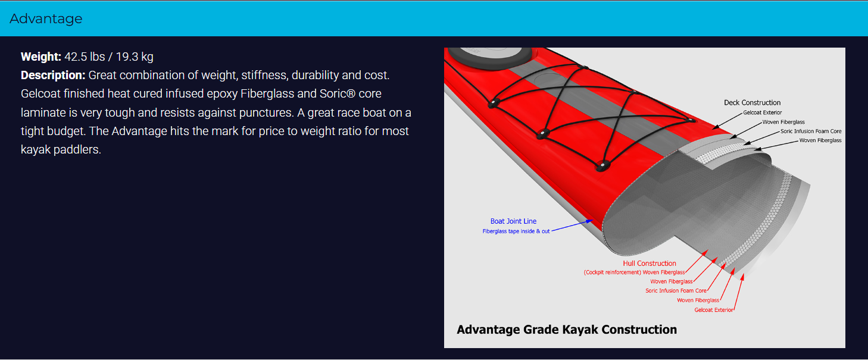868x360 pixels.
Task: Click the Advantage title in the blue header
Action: [46, 18]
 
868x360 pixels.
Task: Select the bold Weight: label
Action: [40, 57]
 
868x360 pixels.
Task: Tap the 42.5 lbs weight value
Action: [85, 57]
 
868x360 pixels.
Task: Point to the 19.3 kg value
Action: [135, 57]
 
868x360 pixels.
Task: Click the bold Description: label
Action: [53, 75]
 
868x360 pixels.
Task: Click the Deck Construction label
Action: [752, 102]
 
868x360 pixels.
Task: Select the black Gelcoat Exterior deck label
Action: [762, 112]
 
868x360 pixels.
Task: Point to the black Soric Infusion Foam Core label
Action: [811, 131]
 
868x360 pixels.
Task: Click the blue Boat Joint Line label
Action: [513, 221]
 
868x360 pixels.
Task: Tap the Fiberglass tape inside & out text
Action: [516, 231]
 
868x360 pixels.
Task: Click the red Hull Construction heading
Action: [649, 263]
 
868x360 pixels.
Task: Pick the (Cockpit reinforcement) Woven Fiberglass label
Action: [634, 272]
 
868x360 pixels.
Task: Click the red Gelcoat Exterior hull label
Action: [713, 309]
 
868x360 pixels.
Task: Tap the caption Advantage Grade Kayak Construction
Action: [567, 330]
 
